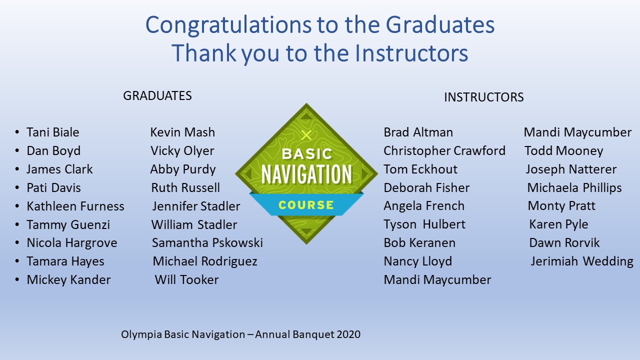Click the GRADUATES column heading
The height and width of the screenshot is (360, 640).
pos(157,95)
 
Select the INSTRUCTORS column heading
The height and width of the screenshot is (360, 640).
pos(483,97)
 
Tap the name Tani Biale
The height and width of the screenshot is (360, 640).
pos(53,132)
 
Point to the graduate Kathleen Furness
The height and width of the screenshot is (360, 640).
pos(75,206)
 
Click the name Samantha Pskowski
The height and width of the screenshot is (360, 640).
pos(207,243)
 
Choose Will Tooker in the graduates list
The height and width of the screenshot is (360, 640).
pos(187,279)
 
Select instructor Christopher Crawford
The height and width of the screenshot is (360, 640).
pos(444,151)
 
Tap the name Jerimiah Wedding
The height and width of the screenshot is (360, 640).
pos(582,261)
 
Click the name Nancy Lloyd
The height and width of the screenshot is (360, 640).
pos(418,261)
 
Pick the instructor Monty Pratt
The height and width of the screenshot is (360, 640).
pos(561,205)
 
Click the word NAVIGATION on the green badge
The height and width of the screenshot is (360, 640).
pos(306,174)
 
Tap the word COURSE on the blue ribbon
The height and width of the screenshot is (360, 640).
pos(306,205)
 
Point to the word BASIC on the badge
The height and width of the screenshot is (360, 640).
pos(307,154)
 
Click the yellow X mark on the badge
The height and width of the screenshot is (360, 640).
pos(306,135)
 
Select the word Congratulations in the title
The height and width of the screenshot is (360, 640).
pos(228,25)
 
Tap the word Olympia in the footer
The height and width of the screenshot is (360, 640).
pos(141,334)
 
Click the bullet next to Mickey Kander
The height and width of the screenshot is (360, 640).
pos(17,279)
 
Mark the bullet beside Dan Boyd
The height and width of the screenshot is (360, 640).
pos(17,150)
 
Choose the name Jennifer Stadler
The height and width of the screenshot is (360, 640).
pos(196,206)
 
